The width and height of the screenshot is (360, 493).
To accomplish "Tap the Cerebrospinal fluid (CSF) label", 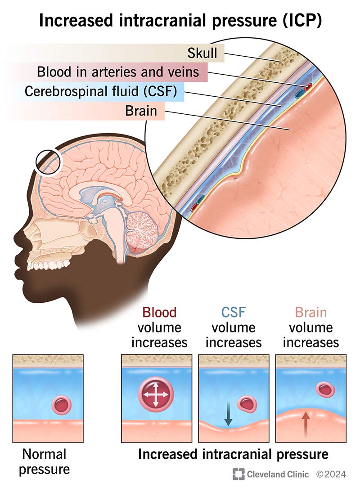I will click(103, 91).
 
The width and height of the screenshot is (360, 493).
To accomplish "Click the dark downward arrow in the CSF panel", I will click(228, 414).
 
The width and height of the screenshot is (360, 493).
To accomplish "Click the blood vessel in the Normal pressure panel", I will click(62, 405).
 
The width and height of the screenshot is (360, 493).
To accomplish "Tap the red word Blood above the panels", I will click(159, 313).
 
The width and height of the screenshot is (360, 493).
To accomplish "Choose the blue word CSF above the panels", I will click(233, 313).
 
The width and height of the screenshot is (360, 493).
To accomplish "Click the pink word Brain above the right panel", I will click(310, 313).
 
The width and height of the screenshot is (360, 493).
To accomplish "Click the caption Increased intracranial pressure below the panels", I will click(233, 454).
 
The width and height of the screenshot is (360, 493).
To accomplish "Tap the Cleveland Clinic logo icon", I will click(238, 474).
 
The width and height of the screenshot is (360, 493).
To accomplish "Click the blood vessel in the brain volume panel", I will click(324, 390).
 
